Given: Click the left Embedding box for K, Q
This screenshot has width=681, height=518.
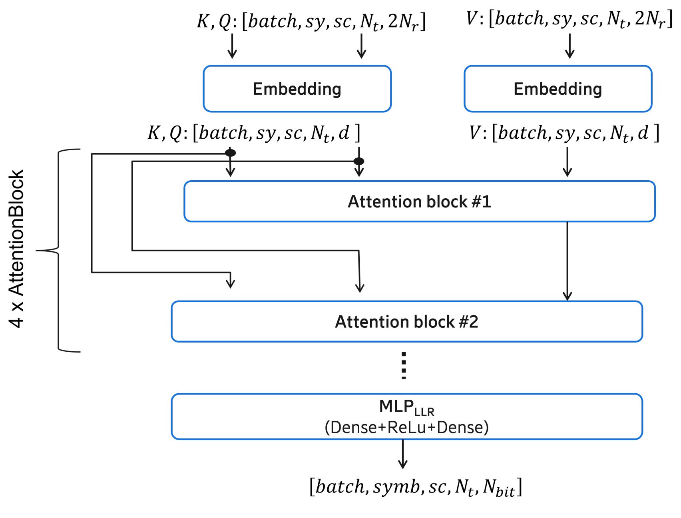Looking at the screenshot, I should point(297,89).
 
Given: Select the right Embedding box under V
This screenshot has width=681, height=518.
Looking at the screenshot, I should point(558,89).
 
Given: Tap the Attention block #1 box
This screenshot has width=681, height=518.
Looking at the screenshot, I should point(419,201).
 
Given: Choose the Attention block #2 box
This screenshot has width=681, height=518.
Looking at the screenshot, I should point(406,322).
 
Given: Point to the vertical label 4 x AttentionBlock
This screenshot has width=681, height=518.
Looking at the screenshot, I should point(17,249).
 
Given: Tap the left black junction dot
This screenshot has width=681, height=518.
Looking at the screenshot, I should point(230,153).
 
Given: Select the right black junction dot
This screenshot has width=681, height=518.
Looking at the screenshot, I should point(359,161).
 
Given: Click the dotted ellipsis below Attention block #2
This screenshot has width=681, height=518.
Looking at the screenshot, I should point(404,366).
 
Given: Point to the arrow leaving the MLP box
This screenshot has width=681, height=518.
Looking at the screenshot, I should point(403,454).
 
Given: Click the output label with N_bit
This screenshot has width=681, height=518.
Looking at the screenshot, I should point(416,487).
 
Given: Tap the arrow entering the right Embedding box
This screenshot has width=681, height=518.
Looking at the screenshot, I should point(569,46).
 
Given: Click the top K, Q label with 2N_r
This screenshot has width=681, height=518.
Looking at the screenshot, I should point(311,21).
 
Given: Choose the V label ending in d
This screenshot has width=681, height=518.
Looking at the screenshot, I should point(564,133).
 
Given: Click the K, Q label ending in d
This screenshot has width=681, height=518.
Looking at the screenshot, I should point(254,133).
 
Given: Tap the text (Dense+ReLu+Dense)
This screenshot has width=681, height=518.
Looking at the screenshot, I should point(406,428).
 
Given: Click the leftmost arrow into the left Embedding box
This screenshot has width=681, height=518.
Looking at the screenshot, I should point(232,46).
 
